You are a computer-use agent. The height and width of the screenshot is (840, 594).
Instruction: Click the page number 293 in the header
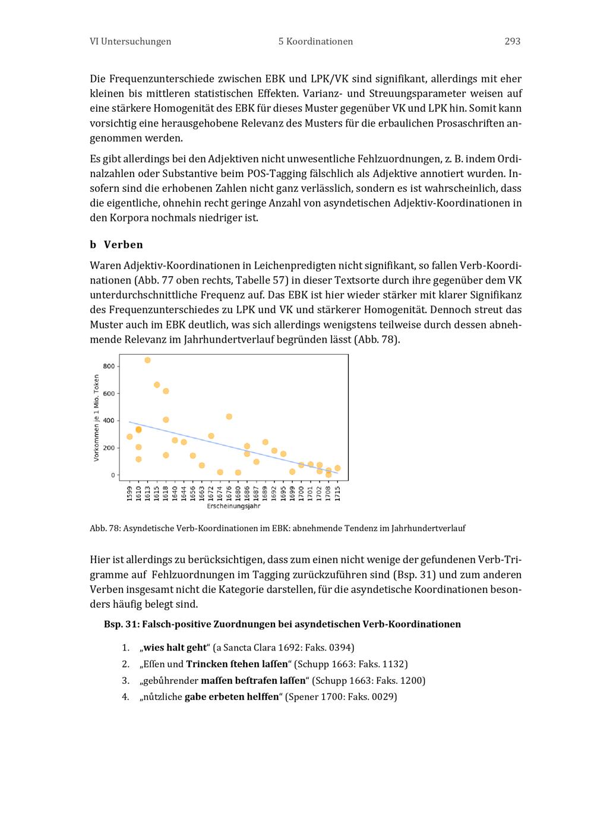click(512, 42)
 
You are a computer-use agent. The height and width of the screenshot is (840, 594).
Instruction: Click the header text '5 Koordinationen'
click(315, 42)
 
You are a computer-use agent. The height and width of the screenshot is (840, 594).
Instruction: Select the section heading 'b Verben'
click(116, 245)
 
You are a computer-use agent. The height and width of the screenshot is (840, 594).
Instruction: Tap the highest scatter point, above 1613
click(147, 361)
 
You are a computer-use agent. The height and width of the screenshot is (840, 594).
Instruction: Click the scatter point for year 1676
click(229, 417)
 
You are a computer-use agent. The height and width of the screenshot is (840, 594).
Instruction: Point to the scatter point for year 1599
click(129, 437)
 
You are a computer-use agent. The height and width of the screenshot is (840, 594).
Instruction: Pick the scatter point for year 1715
click(337, 468)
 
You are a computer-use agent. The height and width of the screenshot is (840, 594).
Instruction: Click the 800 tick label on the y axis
click(109, 367)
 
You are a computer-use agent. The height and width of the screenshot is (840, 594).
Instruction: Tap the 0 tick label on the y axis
click(112, 475)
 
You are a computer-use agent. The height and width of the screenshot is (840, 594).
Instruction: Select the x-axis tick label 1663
click(202, 493)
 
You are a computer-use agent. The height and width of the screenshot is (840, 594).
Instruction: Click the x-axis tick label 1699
click(292, 493)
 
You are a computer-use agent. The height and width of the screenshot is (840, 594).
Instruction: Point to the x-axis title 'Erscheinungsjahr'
click(233, 507)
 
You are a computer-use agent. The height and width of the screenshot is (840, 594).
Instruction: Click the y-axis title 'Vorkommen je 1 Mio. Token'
click(96, 418)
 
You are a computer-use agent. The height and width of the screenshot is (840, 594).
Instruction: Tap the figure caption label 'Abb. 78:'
click(105, 528)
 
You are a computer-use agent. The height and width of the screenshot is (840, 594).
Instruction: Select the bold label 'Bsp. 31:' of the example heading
click(121, 624)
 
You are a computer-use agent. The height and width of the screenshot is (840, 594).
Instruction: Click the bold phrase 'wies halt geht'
click(175, 648)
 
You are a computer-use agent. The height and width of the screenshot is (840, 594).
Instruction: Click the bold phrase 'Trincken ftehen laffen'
click(236, 664)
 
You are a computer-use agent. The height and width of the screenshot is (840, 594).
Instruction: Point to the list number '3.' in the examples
click(125, 681)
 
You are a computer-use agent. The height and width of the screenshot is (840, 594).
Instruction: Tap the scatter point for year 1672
click(211, 436)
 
